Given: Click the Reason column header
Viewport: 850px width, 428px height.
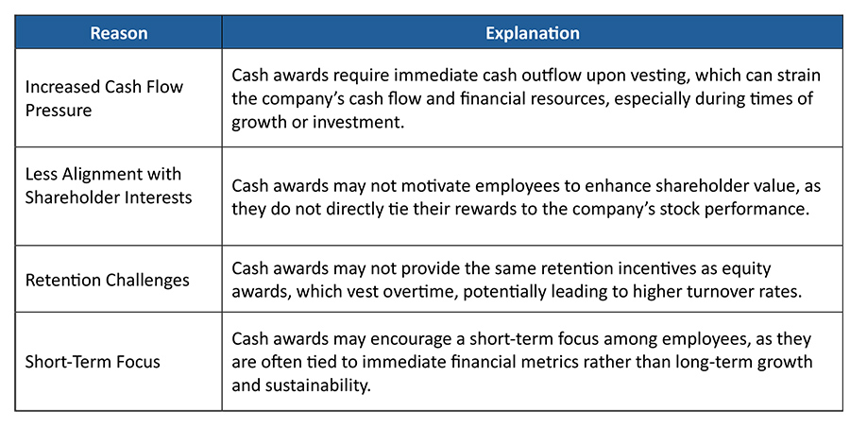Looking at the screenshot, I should coord(119,33).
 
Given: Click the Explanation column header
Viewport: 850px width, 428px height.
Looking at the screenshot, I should coord(533,33).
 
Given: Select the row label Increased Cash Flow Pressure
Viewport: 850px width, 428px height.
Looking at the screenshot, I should coord(104,97).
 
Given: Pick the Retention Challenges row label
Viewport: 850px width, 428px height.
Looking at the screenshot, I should coord(107,280).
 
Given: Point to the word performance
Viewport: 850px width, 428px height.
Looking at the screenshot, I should coord(762,208).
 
